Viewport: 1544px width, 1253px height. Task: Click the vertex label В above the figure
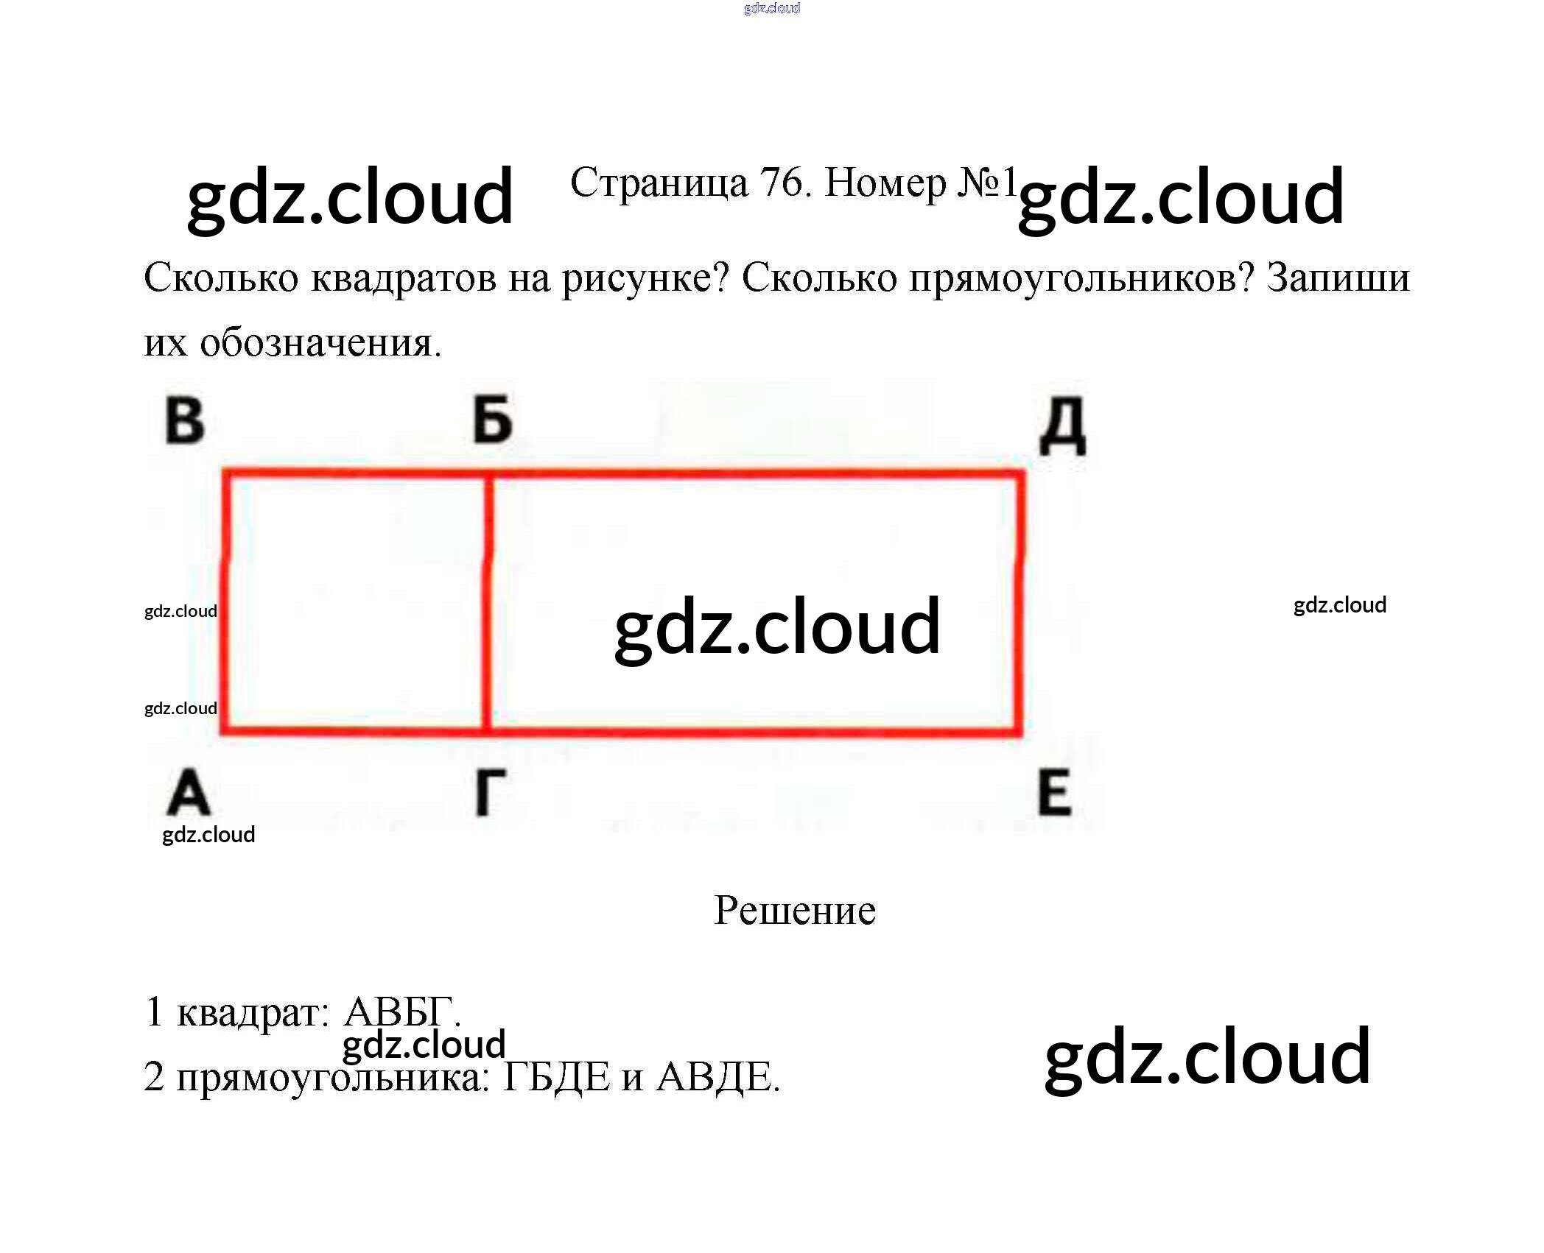[185, 421]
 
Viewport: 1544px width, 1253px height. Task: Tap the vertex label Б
[492, 420]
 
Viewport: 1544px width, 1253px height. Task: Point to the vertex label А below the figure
[189, 793]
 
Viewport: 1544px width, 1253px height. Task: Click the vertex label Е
[1054, 793]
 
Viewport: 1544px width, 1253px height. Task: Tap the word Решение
[795, 911]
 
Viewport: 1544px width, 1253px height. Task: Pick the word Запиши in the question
[1338, 278]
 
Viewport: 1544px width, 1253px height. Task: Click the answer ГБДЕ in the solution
[556, 1078]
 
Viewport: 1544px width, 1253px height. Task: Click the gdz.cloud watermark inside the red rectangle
[777, 626]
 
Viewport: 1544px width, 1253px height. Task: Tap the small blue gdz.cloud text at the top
[771, 8]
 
